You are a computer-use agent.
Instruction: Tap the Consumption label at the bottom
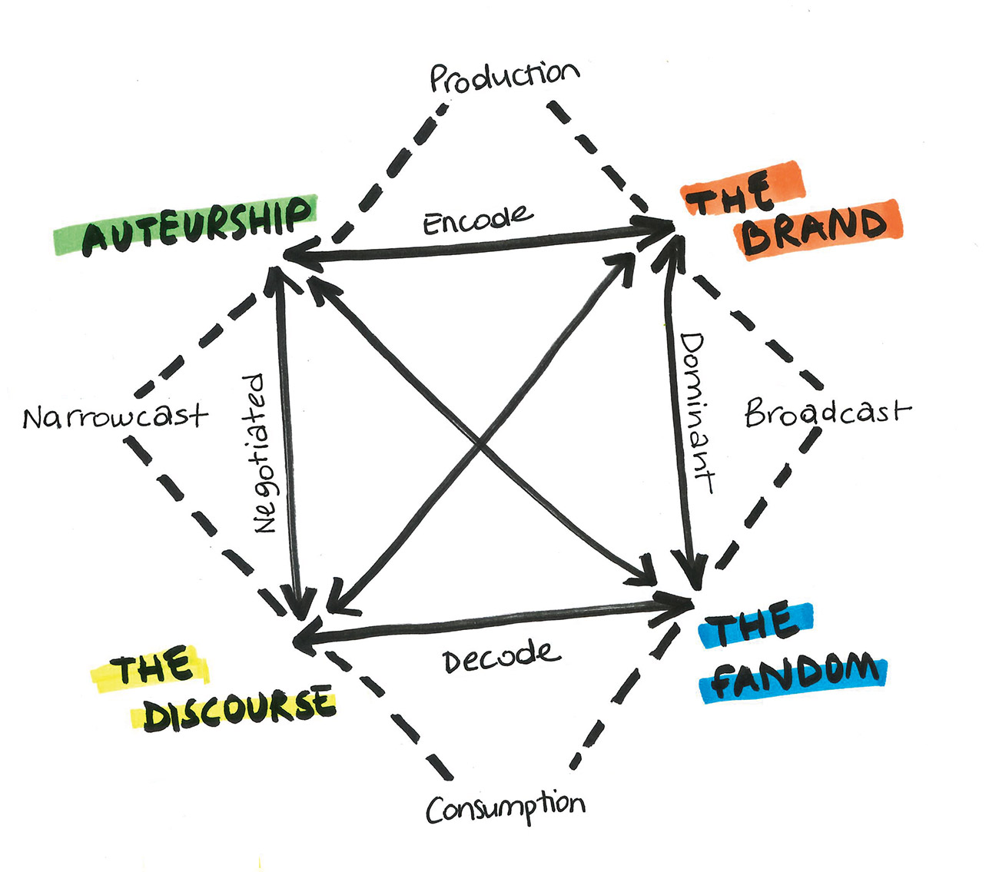click(505, 807)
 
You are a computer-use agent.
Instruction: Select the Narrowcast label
click(115, 416)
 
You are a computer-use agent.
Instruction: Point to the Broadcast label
click(826, 413)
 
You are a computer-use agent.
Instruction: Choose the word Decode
click(501, 658)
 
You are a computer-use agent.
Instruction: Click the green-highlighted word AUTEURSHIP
click(197, 225)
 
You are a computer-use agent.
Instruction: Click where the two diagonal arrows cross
click(480, 442)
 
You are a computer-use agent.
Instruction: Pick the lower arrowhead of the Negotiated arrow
click(297, 603)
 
